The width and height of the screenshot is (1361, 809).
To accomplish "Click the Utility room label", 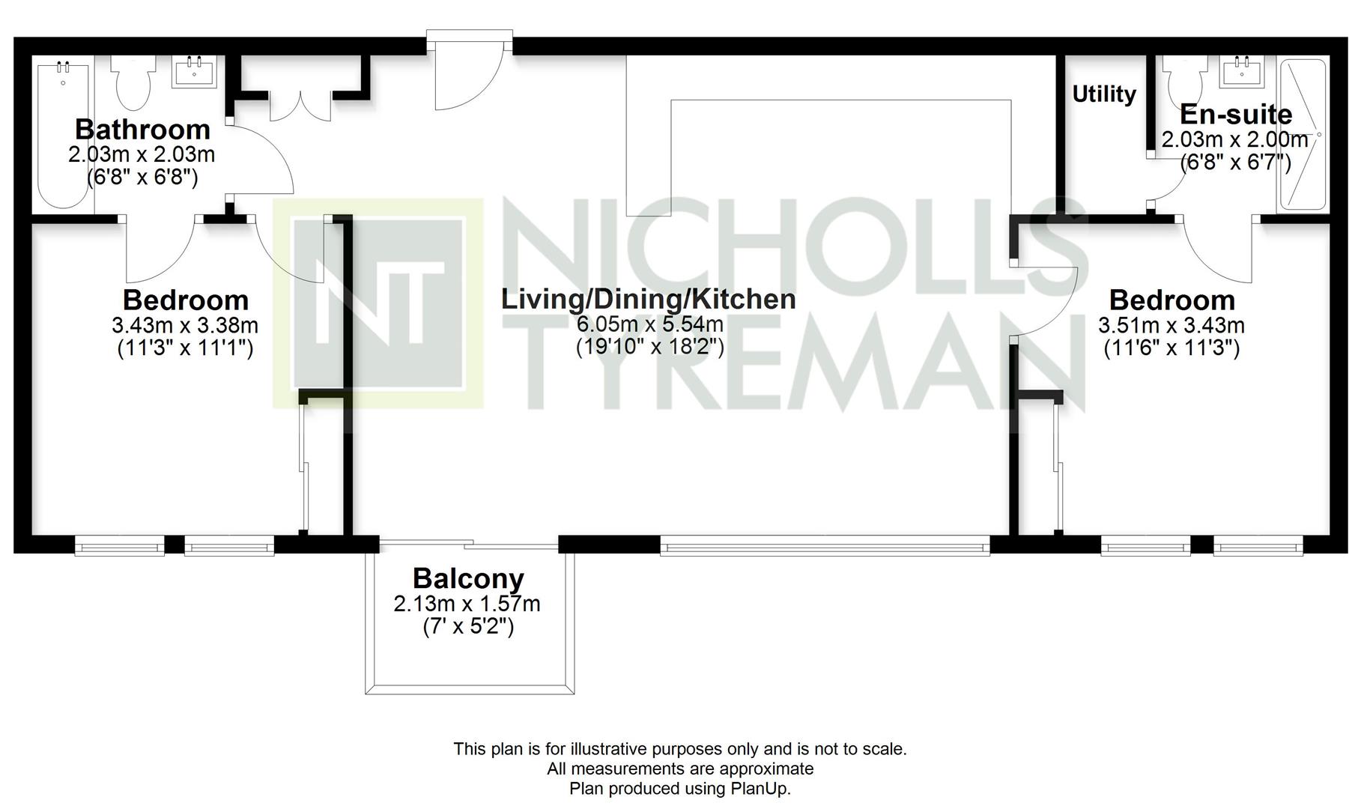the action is (x=1104, y=94).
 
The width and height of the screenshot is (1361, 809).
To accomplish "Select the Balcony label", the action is (x=468, y=578).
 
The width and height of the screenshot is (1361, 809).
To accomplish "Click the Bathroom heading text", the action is (x=142, y=130).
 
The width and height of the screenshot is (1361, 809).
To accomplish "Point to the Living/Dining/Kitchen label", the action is (x=649, y=299).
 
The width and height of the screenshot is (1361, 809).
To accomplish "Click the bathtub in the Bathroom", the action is (x=63, y=135).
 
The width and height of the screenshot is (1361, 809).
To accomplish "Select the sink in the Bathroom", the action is (x=195, y=72).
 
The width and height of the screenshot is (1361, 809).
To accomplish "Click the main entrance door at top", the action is (x=470, y=71).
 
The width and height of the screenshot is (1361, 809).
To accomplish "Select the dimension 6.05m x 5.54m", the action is (x=649, y=324).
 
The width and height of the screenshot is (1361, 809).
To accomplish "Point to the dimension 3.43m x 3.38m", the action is (x=185, y=325).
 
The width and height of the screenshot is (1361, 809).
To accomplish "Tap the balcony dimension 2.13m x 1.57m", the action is (x=467, y=604).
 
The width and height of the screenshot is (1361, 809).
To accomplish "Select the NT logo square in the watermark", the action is (x=378, y=303).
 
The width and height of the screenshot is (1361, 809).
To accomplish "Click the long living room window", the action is (x=825, y=545).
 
